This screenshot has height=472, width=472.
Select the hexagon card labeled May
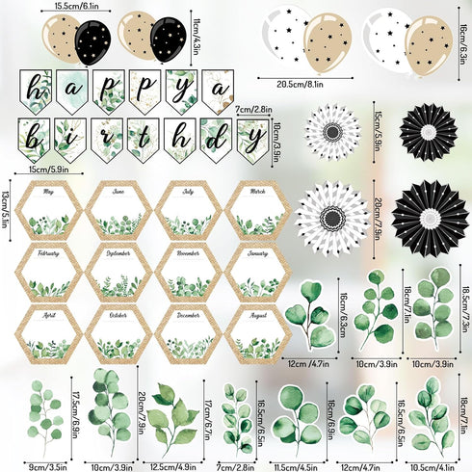click(x=49, y=212)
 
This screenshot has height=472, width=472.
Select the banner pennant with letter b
click(x=38, y=139)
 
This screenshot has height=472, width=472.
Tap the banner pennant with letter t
click(x=143, y=139)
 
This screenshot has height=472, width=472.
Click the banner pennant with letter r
click(x=107, y=139)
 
